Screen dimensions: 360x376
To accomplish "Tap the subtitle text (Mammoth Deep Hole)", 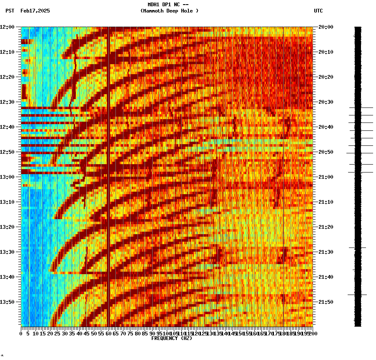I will [x=169, y=11].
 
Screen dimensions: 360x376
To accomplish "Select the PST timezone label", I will [x=10, y=11].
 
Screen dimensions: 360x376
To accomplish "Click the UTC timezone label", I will [x=318, y=11].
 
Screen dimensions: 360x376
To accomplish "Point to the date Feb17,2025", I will [x=35, y=11].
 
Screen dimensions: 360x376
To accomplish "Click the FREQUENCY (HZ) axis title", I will [x=171, y=338].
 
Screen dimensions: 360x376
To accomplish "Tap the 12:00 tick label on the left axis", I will [x=7, y=27].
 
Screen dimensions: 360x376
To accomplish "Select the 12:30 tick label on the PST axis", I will [x=7, y=102].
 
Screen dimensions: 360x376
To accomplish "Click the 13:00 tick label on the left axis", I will [x=7, y=177].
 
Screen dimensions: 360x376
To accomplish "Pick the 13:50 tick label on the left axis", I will [x=7, y=302].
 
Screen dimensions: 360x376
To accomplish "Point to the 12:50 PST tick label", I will [x=7, y=152].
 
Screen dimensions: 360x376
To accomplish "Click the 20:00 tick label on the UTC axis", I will [x=326, y=27].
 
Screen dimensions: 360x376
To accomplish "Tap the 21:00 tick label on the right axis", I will [x=326, y=177].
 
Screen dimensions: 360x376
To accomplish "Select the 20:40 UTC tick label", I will [x=326, y=127].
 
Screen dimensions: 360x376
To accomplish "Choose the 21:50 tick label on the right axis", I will [x=326, y=302].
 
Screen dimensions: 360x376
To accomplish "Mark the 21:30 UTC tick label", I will [x=326, y=252].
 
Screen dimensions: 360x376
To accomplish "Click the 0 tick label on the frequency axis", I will [x=21, y=334].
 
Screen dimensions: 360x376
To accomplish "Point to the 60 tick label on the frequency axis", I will [x=108, y=334].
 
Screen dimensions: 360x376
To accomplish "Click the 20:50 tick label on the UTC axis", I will [x=326, y=152].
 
